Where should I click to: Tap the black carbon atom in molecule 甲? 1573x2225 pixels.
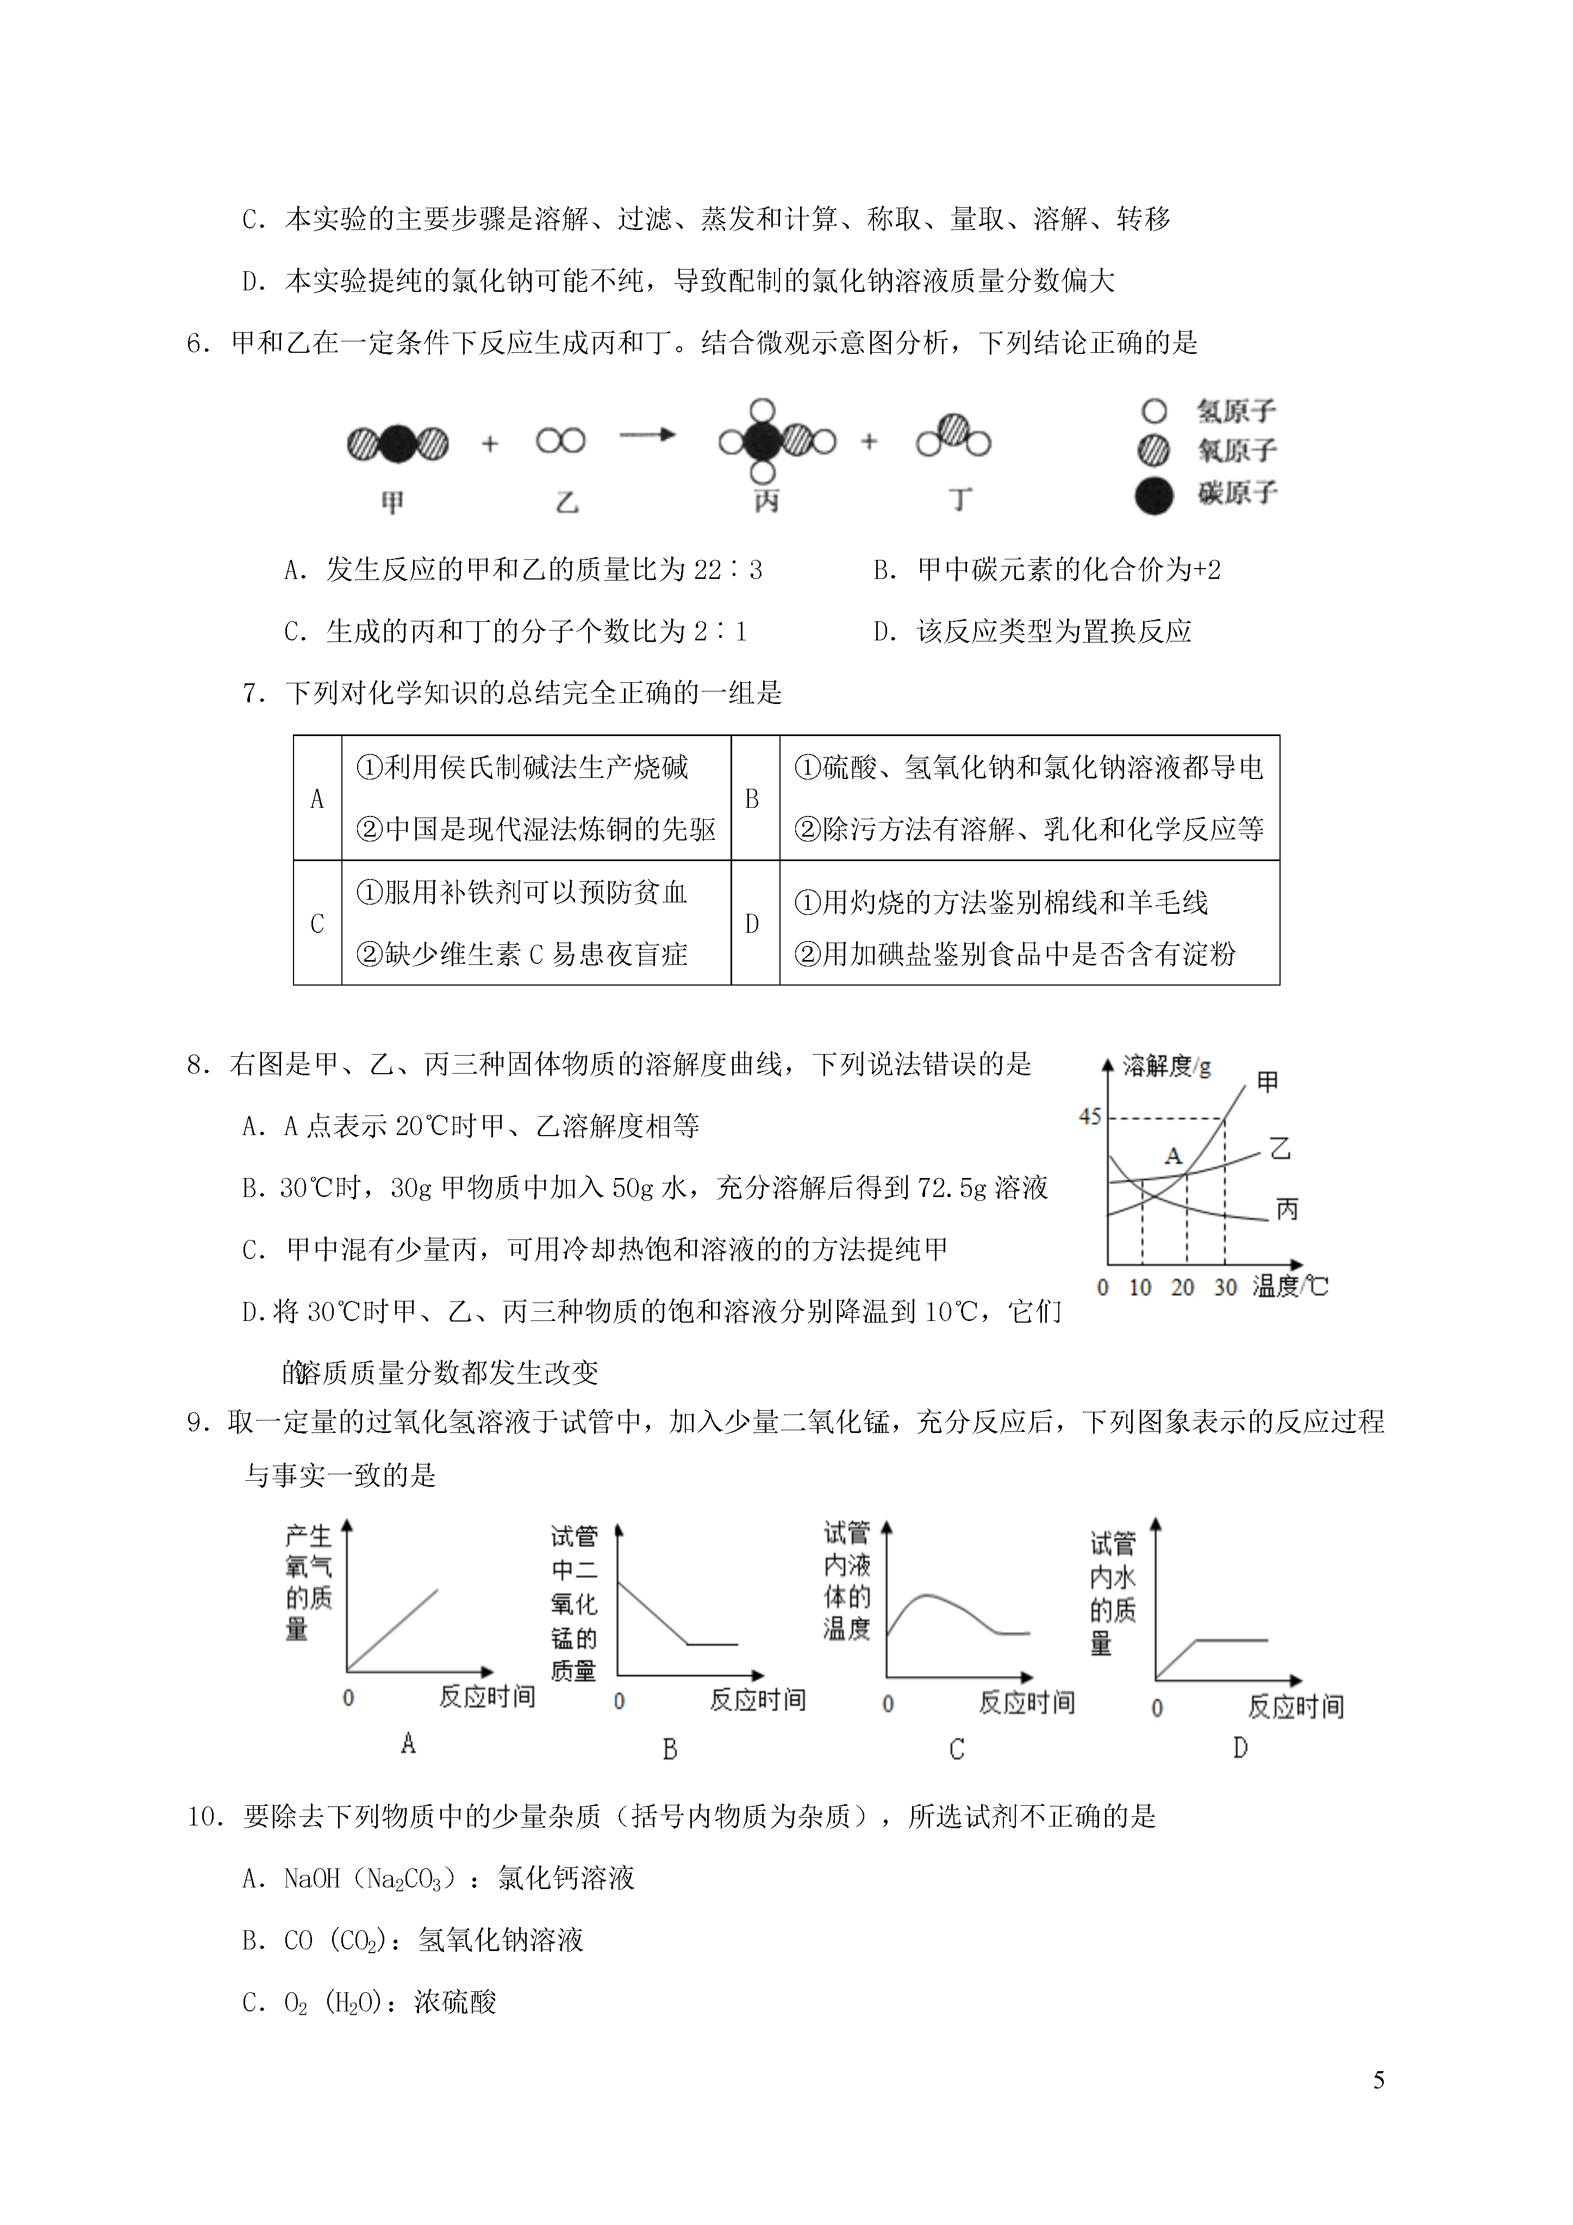point(397,444)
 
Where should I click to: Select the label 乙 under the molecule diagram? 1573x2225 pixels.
point(567,502)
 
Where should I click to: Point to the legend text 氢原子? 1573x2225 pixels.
point(1235,411)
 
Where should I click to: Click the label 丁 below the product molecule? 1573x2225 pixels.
point(959,500)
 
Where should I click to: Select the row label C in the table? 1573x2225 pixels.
point(317,924)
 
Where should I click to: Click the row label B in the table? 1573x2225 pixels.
point(752,799)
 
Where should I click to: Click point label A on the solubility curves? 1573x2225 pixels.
point(1173,1155)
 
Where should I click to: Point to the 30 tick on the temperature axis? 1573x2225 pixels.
point(1225,1287)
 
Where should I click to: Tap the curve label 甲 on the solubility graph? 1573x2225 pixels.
point(1267,1081)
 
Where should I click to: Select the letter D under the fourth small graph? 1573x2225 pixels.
point(1240,1747)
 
